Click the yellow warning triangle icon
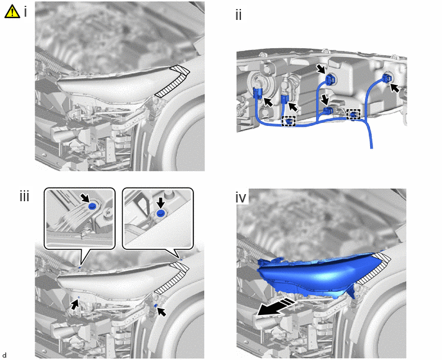click(12, 12)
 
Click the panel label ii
click(238, 15)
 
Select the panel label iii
click(24, 196)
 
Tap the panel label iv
click(241, 198)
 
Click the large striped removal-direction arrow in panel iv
click(276, 307)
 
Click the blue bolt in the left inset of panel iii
click(92, 206)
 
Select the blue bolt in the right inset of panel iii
click(161, 213)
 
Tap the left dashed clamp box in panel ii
click(289, 121)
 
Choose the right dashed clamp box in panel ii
click(353, 114)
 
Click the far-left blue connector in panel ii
click(258, 93)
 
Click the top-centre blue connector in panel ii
click(329, 79)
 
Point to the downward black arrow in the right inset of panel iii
click(161, 202)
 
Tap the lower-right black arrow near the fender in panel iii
click(161, 312)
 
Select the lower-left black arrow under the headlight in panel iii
click(75, 305)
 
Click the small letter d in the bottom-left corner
click(4, 355)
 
